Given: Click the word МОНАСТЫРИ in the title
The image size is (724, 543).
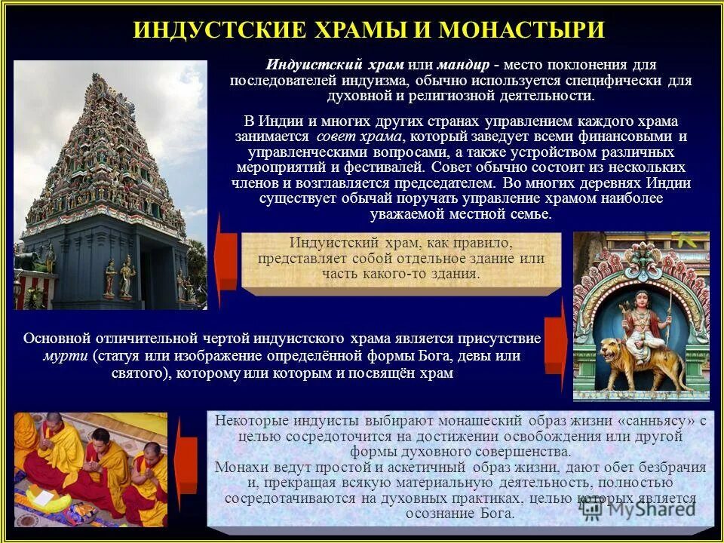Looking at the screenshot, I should [522, 30].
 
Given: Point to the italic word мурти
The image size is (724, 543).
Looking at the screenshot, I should [58, 355].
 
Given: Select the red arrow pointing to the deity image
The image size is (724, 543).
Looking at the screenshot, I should [556, 345].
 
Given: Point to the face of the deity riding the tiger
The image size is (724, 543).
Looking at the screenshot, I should [642, 300].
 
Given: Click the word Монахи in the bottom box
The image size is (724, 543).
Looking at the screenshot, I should [238, 468].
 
